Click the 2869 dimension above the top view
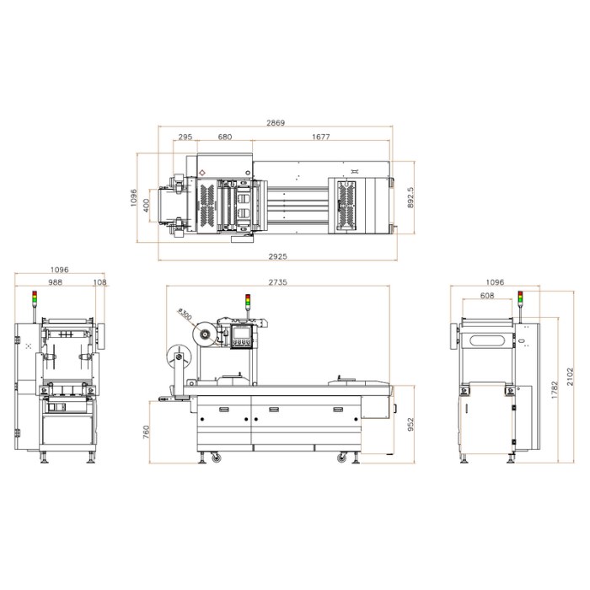pos(276,123)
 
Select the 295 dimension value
pos(185,137)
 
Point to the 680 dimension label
pos(225,137)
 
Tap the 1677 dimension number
pos(320,137)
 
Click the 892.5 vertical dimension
pos(410,198)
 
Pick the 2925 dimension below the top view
pos(277,256)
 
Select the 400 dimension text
pos(147,206)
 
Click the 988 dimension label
pos(56,282)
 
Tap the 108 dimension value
pos(99,282)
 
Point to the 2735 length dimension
pos(277,282)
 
